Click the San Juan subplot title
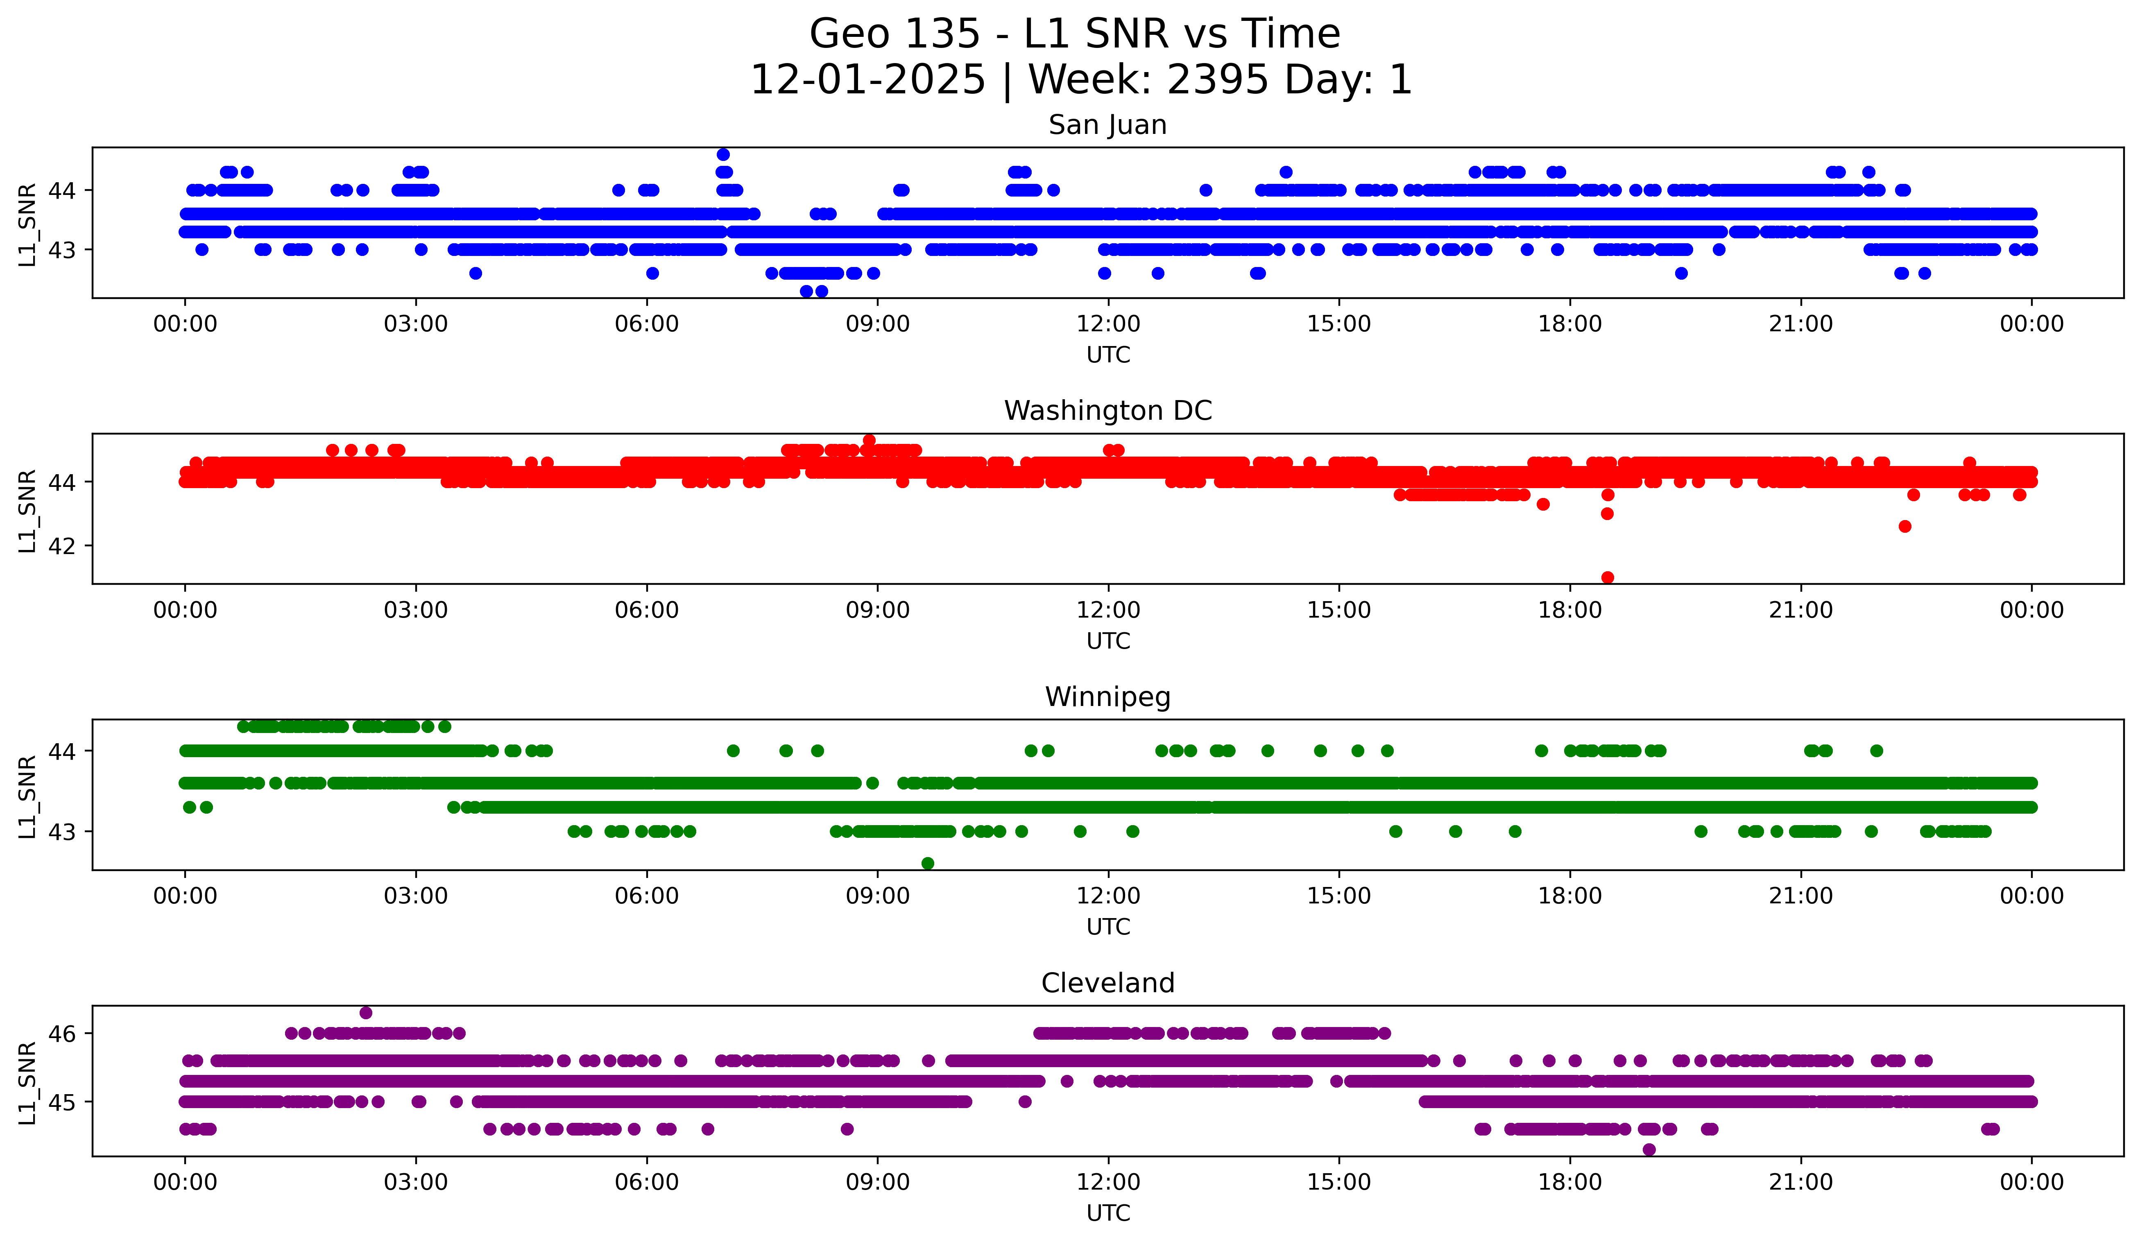point(1107,125)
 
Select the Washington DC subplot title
point(1107,411)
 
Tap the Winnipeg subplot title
point(1107,697)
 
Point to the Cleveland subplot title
point(1107,983)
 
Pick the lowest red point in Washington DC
point(1607,577)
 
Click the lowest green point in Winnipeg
point(927,863)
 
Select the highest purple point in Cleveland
point(366,1013)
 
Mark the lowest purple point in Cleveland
point(1649,1149)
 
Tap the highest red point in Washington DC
point(869,441)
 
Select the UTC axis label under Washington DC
point(1107,641)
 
